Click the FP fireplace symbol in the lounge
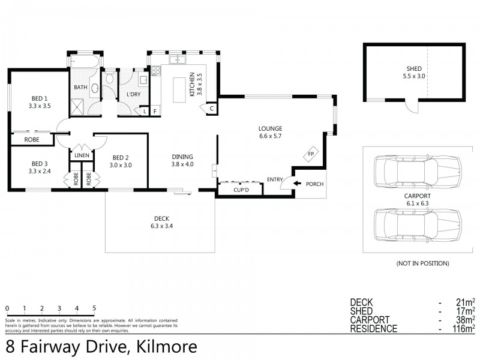[x=311, y=154]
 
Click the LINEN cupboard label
[x=82, y=155]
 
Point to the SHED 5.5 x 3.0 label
[x=414, y=73]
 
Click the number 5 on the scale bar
[x=94, y=309]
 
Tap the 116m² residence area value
[x=465, y=328]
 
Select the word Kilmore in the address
[x=163, y=346]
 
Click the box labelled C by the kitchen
[x=211, y=109]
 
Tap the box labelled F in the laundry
[x=155, y=112]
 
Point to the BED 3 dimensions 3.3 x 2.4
[x=40, y=171]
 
